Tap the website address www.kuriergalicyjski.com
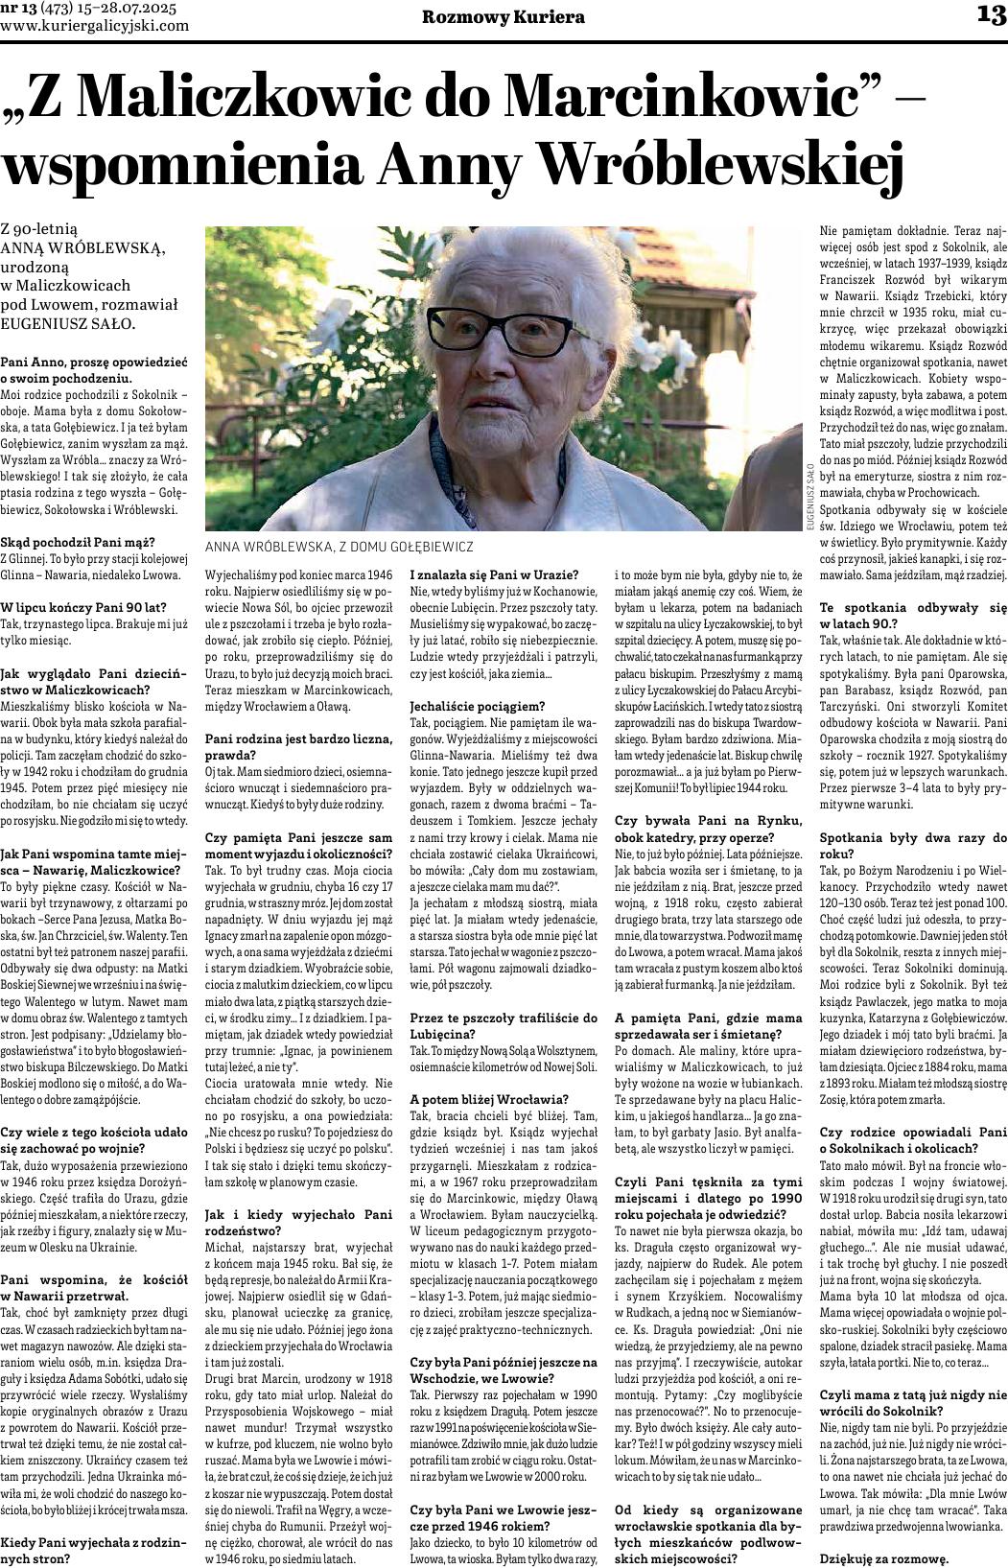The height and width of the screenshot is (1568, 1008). pyautogui.click(x=96, y=26)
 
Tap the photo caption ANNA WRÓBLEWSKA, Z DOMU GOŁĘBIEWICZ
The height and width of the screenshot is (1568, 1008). pyautogui.click(x=340, y=546)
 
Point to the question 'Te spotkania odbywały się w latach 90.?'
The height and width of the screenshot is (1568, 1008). pyautogui.click(x=912, y=614)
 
